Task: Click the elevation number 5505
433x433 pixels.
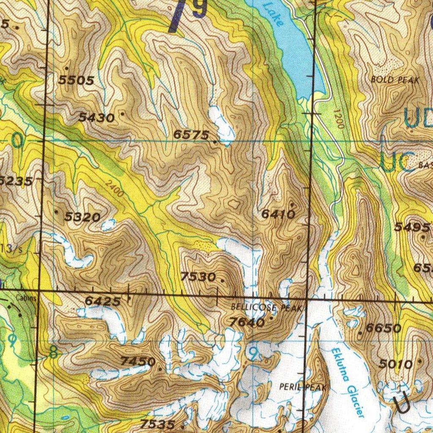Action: pos(77,80)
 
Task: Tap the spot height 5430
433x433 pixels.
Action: pos(96,118)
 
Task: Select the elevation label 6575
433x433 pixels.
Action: pos(191,135)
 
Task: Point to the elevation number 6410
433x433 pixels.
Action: pos(278,214)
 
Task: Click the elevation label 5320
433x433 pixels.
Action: pos(82,218)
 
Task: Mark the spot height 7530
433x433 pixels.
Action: pos(198,277)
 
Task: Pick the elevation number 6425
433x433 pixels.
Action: pos(103,301)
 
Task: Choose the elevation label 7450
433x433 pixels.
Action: pos(138,362)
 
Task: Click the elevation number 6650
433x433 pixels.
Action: pos(384,328)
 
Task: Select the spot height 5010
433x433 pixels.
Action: pos(395,364)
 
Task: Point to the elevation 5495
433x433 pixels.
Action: pos(412,227)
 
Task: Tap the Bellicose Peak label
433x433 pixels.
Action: pos(267,307)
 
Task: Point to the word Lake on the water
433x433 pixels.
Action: pos(273,14)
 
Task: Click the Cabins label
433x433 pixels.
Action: pos(26,297)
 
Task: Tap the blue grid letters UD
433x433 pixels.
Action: pos(418,118)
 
